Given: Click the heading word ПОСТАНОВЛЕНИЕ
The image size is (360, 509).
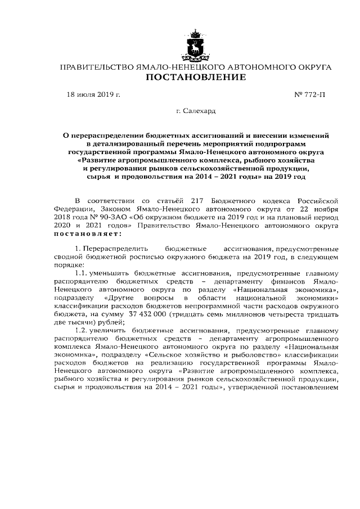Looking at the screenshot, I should pyautogui.click(x=196, y=77).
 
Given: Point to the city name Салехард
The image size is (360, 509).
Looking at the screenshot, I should pyautogui.click(x=200, y=111).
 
